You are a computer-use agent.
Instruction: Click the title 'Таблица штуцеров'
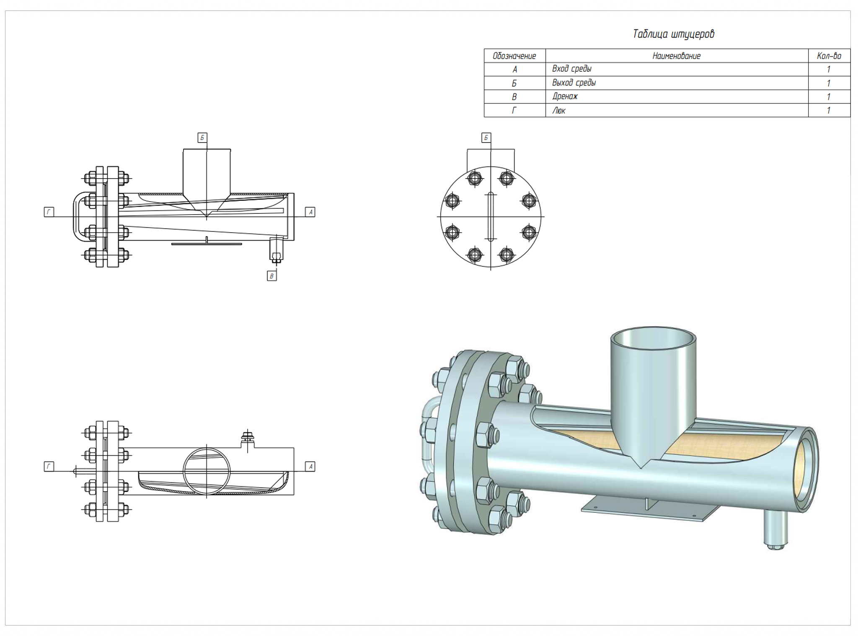point(673,34)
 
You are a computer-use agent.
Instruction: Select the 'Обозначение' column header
point(514,56)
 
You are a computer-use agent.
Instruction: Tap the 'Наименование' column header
point(676,56)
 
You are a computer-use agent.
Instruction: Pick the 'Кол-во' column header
point(829,56)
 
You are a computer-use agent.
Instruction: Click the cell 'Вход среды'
point(572,69)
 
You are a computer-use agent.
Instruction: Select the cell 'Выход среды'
point(574,83)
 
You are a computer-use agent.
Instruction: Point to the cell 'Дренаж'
point(565,96)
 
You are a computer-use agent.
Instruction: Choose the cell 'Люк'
point(559,111)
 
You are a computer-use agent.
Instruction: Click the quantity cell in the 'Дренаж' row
point(829,97)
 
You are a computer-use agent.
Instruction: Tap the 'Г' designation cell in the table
point(514,111)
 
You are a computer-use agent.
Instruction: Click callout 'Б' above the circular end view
point(486,138)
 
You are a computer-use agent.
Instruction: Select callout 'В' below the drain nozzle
point(271,276)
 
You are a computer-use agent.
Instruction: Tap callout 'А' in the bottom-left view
point(310,466)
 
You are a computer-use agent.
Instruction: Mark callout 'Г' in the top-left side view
point(49,212)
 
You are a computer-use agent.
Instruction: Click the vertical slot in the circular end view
point(491,217)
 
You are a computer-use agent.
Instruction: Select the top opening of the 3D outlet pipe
point(653,338)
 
